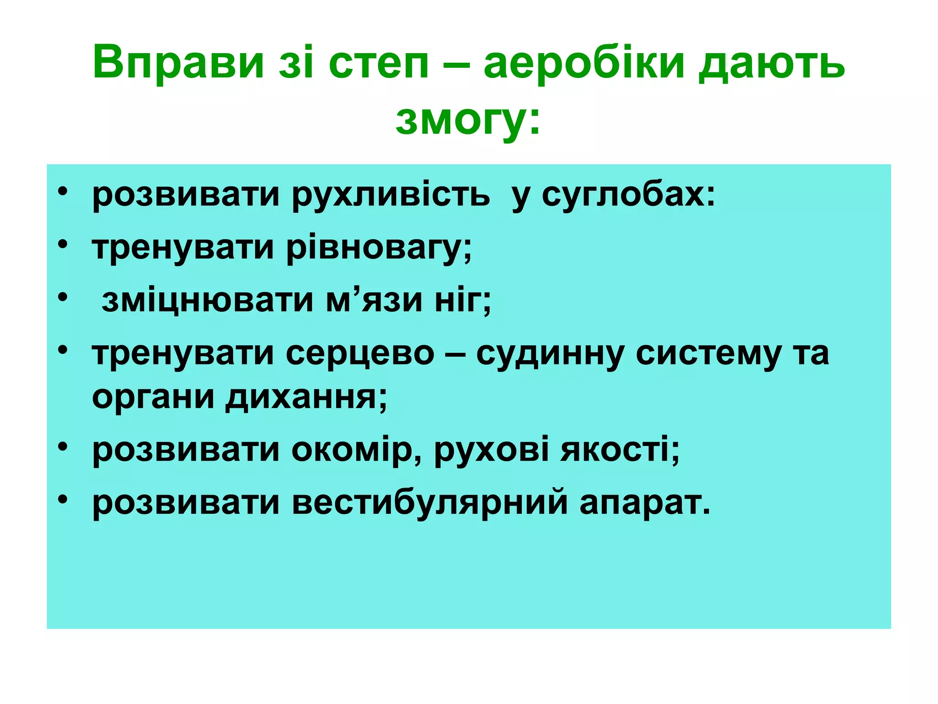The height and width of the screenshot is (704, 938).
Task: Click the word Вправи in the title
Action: point(178,62)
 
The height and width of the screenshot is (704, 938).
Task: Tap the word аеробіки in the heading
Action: point(584,62)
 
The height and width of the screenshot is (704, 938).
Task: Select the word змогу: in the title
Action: point(468,120)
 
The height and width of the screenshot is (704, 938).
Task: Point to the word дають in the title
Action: point(772,62)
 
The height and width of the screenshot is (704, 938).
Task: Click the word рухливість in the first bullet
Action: point(391,195)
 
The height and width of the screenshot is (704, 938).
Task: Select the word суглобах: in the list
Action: point(628,195)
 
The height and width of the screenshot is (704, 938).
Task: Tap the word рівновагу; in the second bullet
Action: point(379,248)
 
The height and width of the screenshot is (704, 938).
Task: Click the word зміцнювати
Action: point(207,301)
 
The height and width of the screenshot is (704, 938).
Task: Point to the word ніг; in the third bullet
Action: point(463,301)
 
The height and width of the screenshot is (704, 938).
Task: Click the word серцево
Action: point(360,354)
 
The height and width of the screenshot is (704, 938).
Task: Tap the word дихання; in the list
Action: point(306,397)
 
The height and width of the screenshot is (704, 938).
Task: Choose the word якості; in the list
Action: point(620,450)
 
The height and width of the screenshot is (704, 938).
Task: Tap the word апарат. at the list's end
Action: point(645,503)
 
